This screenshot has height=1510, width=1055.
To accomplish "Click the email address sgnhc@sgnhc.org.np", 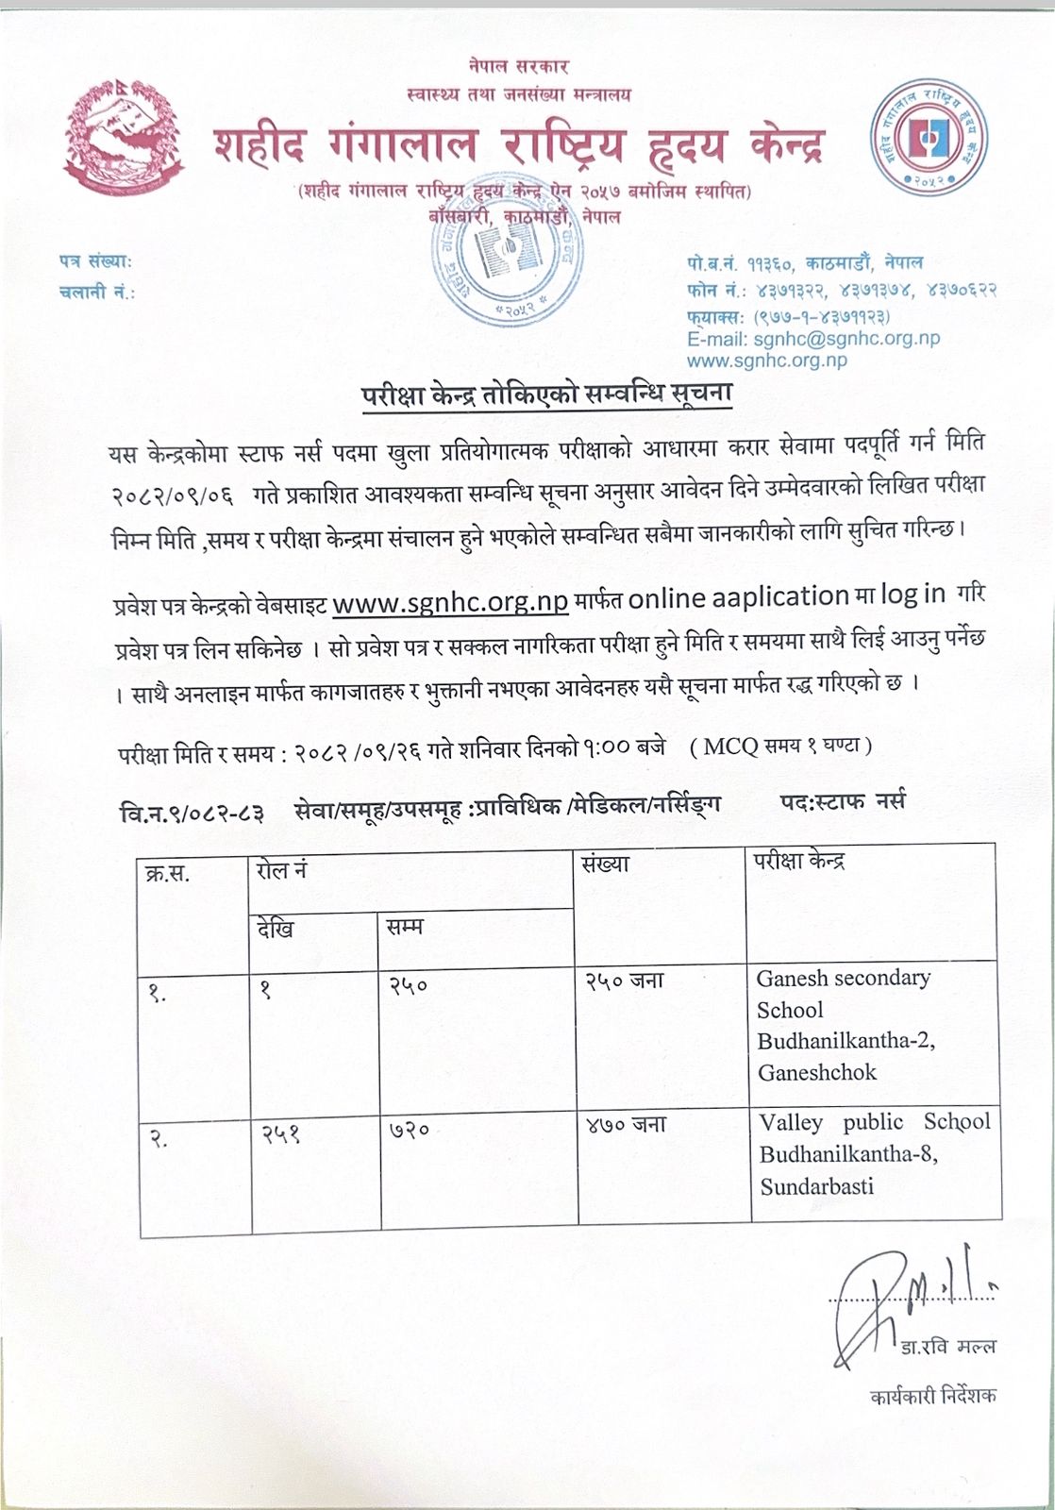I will click(813, 338).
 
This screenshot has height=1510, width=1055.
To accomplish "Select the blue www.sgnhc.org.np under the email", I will click(766, 360).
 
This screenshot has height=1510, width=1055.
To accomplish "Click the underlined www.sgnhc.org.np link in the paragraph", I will click(451, 600).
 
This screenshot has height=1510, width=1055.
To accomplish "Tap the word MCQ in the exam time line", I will click(728, 746).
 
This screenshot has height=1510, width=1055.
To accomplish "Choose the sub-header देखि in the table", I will click(276, 929).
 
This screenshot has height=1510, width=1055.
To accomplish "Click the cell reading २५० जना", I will click(624, 981).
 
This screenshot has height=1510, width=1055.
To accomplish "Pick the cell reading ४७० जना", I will click(624, 1125).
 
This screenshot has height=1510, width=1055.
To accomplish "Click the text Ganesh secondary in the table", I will click(843, 978).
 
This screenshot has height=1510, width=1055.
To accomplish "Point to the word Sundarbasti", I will click(817, 1186).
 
